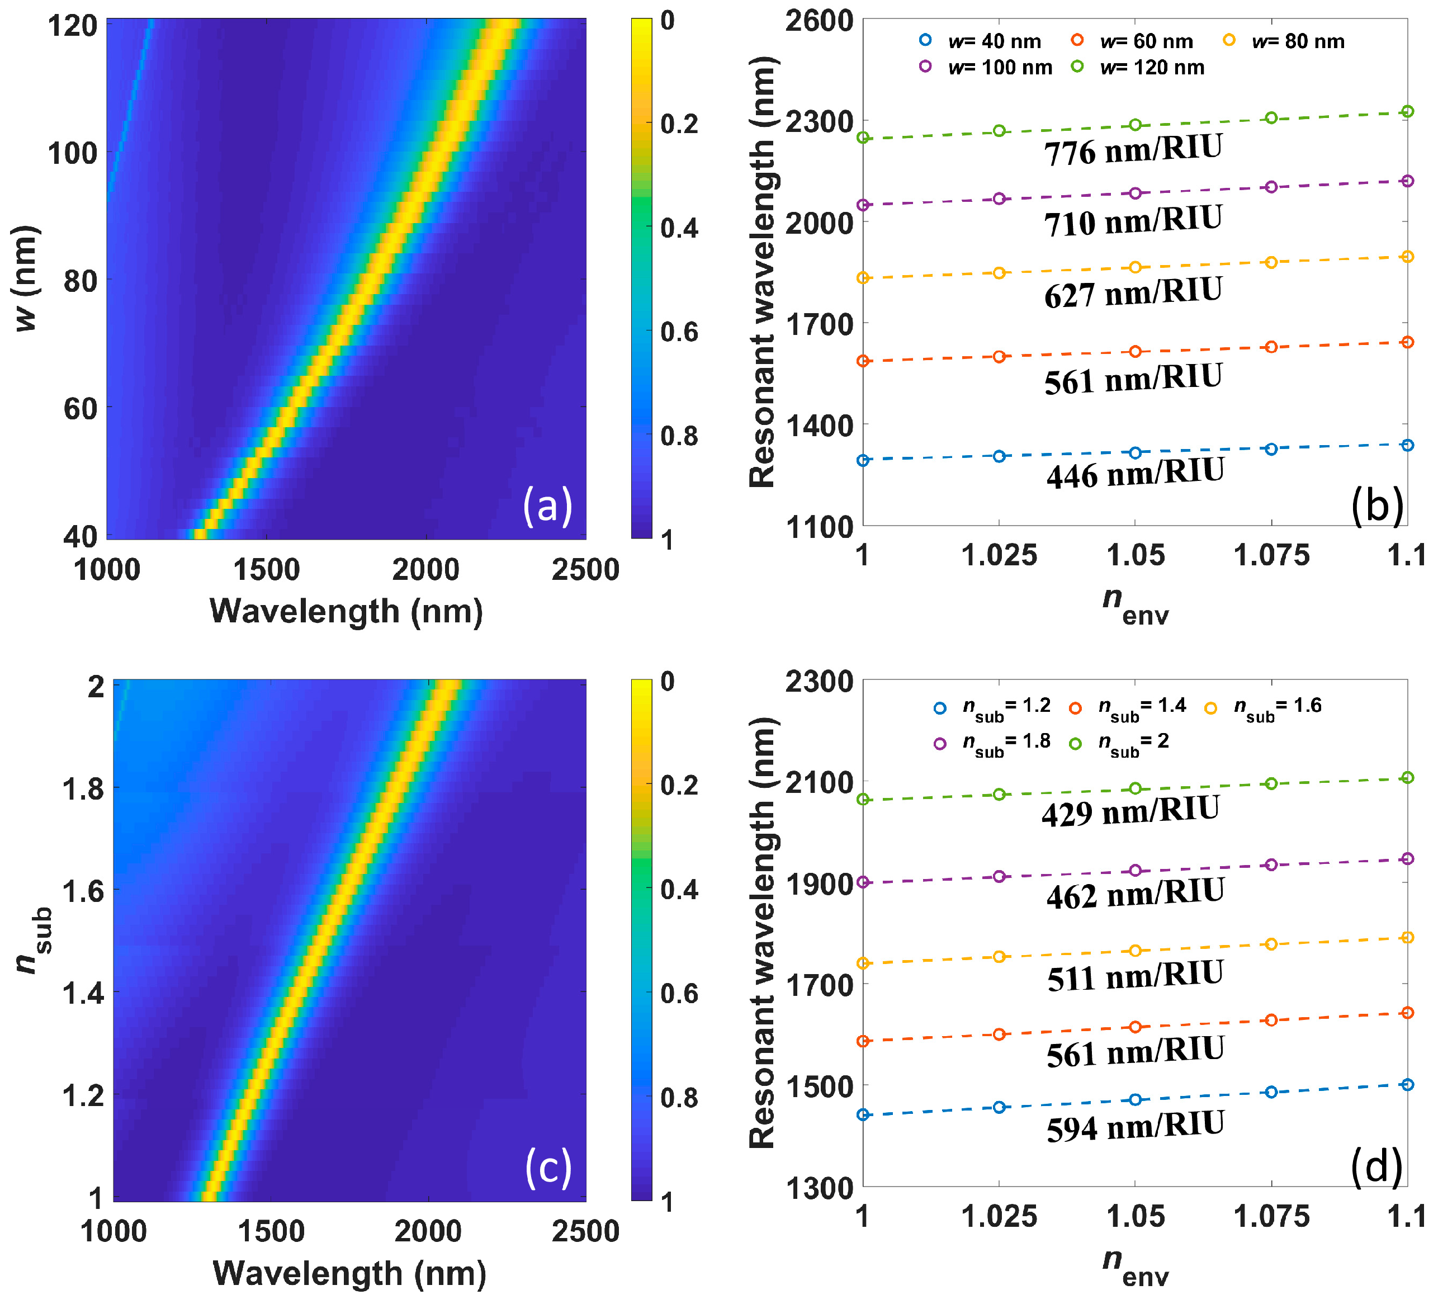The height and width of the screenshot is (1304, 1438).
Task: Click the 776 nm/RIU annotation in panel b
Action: (x=1133, y=150)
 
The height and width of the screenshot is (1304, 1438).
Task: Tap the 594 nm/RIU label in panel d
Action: (x=1135, y=1126)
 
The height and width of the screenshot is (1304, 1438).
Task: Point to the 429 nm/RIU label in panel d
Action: (x=1130, y=811)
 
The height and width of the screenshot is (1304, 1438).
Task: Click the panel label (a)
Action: (x=547, y=505)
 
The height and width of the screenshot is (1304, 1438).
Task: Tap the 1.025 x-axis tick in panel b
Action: (x=999, y=556)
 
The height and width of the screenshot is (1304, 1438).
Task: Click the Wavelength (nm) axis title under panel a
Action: (x=346, y=611)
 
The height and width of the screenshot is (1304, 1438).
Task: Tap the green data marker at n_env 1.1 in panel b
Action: (x=1407, y=111)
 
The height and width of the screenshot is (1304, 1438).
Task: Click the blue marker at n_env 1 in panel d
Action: (x=863, y=1114)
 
